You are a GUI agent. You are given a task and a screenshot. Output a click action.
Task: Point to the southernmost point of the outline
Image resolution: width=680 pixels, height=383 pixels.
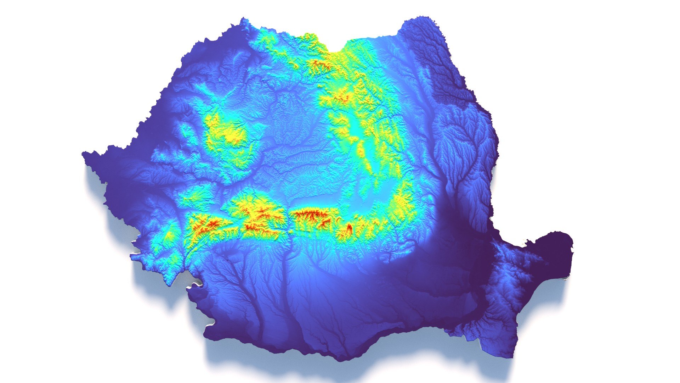pyautogui.click(x=340, y=360)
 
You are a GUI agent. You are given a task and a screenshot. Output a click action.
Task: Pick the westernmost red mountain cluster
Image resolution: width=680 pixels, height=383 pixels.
pyautogui.click(x=211, y=224)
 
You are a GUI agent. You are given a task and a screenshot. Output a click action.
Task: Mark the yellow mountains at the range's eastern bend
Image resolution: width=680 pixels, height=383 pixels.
pyautogui.click(x=404, y=206)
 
